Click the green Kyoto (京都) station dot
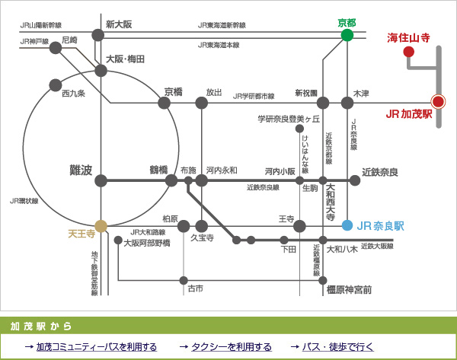(347, 35)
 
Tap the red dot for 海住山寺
(408, 52)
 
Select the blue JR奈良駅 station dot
(347, 225)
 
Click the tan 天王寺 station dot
(101, 226)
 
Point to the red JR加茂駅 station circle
(438, 102)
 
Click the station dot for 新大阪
(98, 35)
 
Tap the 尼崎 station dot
(56, 48)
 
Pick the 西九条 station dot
(56, 85)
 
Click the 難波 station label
(81, 170)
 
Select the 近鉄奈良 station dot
(355, 180)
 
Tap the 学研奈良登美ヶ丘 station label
(289, 119)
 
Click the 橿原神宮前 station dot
(323, 281)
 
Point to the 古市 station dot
(184, 281)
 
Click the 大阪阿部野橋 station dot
(118, 240)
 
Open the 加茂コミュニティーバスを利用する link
(97, 347)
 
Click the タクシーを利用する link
(232, 347)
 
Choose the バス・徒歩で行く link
(337, 347)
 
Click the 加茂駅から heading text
(41, 327)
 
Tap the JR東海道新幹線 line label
(222, 25)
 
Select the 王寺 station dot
(299, 226)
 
